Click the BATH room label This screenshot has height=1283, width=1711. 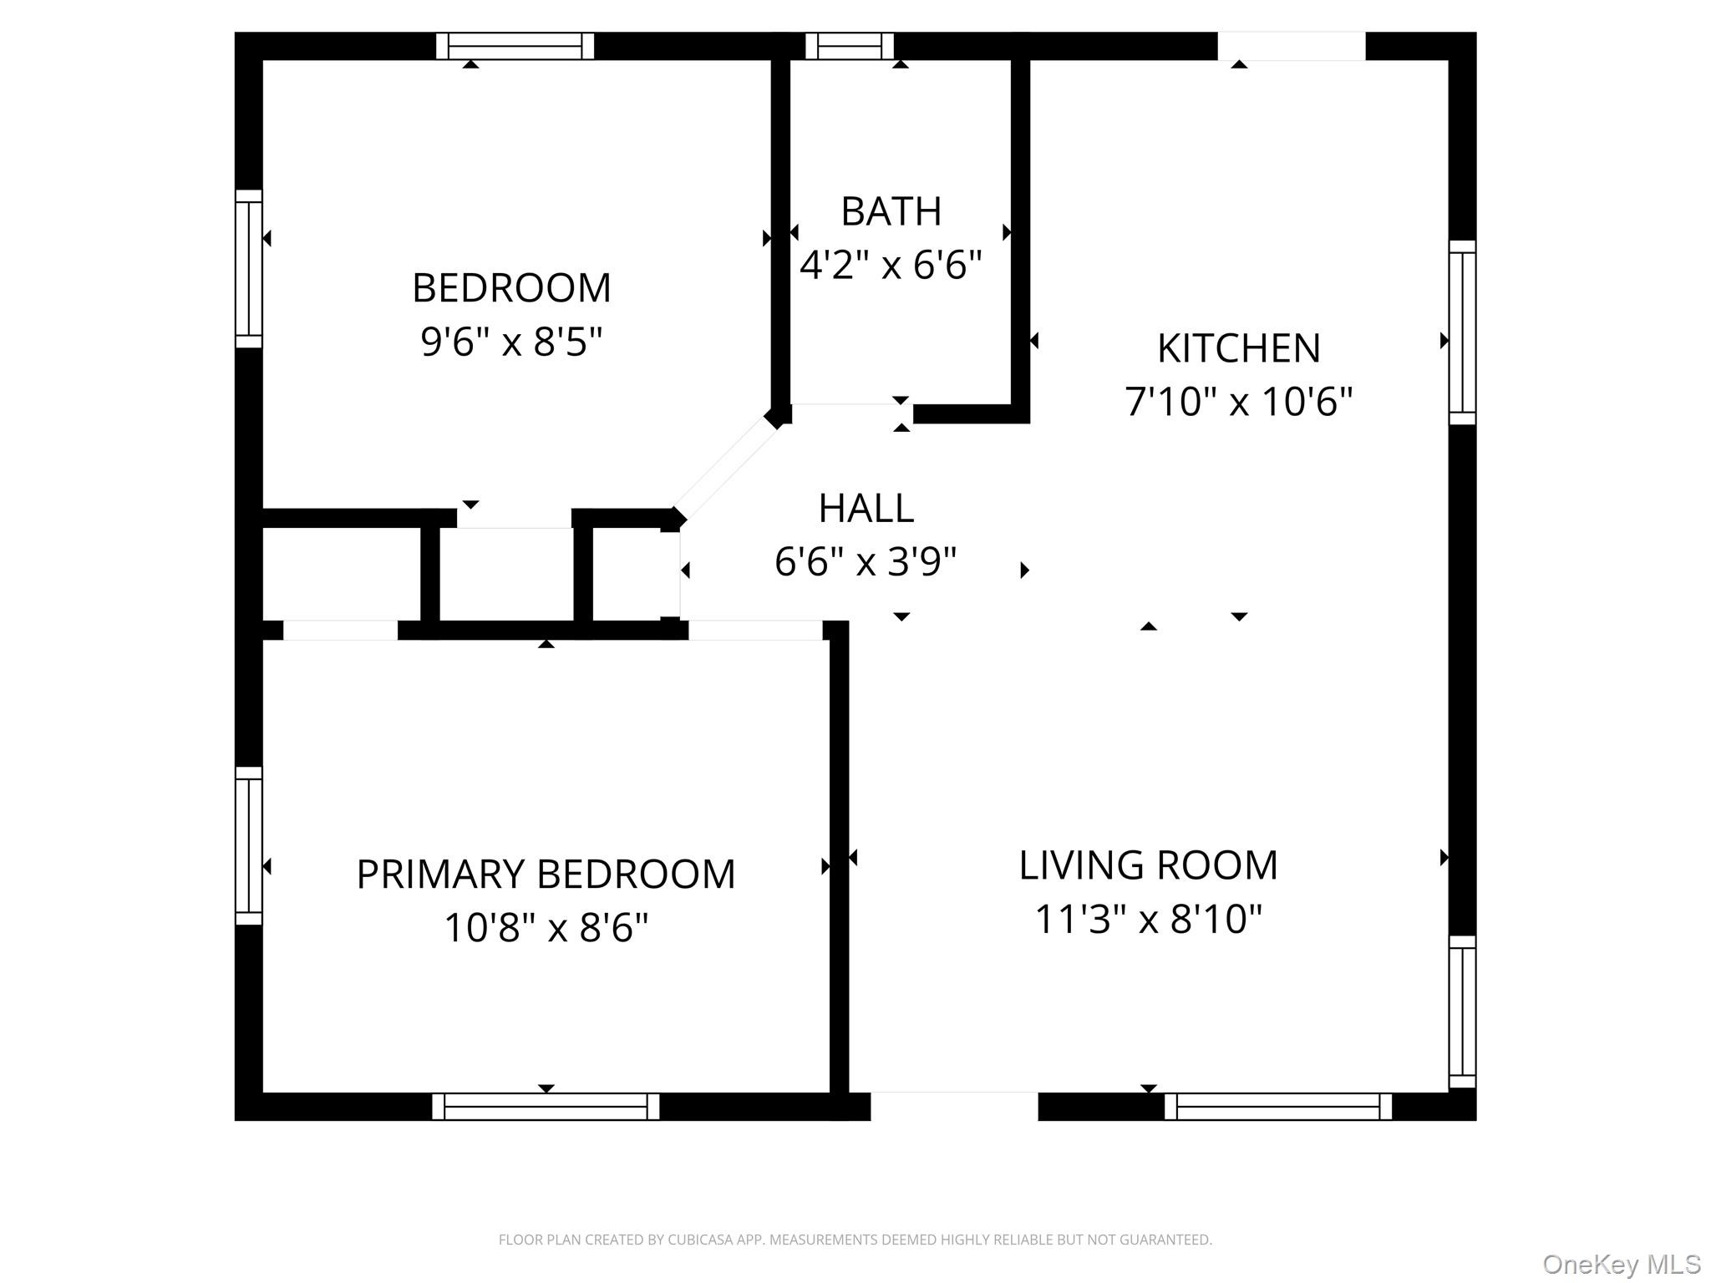pos(891,211)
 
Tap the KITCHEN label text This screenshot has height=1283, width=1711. pos(1238,348)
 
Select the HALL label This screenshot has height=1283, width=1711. pos(866,508)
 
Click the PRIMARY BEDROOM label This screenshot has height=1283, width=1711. pos(546,875)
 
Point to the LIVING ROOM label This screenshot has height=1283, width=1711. pos(1148,865)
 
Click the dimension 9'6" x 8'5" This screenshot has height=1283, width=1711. pos(511,341)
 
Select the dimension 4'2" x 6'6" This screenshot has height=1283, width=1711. pos(891,265)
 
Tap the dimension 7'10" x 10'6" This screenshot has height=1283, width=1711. pos(1238,402)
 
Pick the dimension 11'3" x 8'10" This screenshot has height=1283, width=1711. pos(1148,919)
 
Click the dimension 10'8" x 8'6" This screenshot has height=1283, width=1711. pos(546,928)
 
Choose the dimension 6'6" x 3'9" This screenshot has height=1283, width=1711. pos(866,561)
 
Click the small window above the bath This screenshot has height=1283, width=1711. pos(849,46)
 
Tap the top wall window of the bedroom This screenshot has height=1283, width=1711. pos(515,46)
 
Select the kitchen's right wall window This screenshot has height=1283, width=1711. pos(1462,332)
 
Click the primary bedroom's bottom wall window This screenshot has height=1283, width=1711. pos(546,1106)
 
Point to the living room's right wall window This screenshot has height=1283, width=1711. pos(1462,1012)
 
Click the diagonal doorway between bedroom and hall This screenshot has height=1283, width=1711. pos(725,468)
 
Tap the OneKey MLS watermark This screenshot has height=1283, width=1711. pos(1621,1265)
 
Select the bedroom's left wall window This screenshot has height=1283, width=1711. pos(249,268)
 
